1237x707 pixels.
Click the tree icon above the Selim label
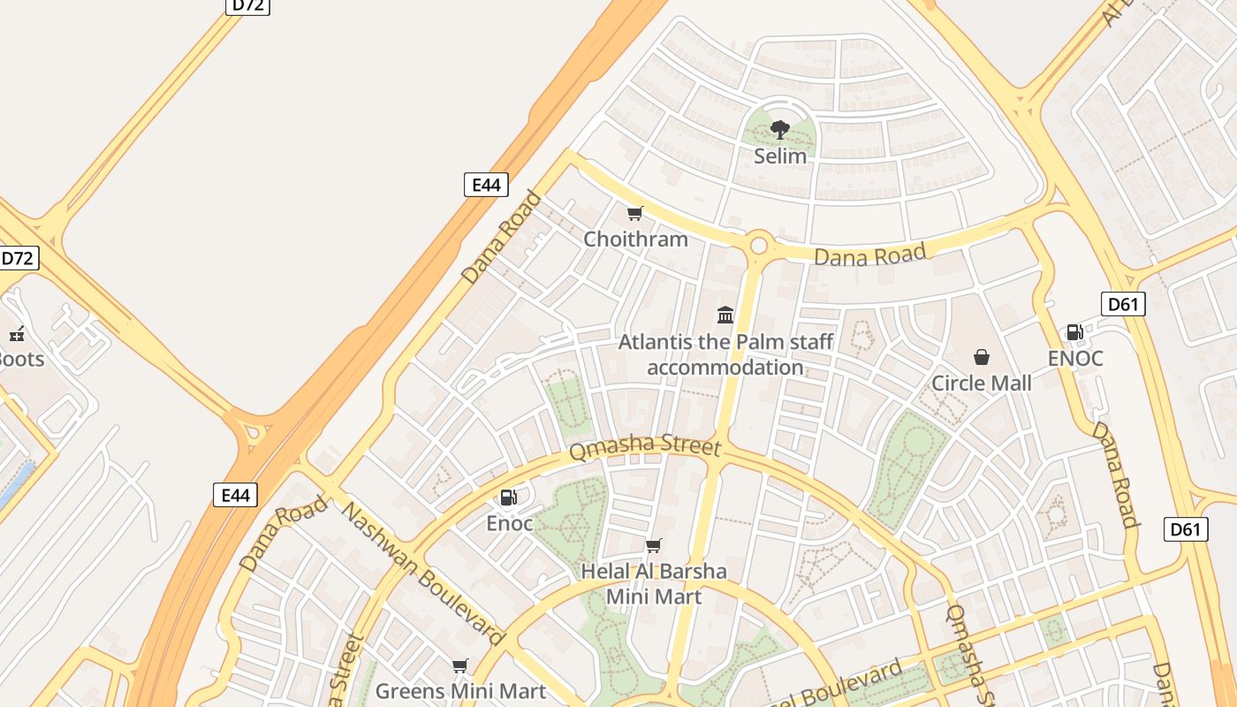[779, 131]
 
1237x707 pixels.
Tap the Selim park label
[779, 156]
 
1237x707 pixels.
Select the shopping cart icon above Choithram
[634, 214]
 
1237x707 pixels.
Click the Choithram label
[635, 239]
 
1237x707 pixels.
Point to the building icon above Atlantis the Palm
[725, 315]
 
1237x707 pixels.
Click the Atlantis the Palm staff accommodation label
[725, 354]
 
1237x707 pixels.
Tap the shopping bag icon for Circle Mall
[981, 357]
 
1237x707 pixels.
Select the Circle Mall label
[981, 383]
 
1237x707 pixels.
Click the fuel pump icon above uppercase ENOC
[1074, 332]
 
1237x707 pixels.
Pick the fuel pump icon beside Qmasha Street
[509, 498]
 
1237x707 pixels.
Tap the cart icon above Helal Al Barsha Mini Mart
[653, 546]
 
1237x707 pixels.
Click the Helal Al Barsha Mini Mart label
[653, 583]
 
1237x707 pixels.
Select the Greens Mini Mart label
[460, 690]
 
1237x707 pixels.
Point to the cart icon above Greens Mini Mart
[459, 665]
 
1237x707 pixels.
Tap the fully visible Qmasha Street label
[645, 446]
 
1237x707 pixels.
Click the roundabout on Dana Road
[758, 246]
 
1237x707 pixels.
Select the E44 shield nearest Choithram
[486, 185]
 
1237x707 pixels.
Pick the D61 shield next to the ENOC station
[1123, 305]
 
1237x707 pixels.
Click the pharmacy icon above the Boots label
[16, 334]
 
